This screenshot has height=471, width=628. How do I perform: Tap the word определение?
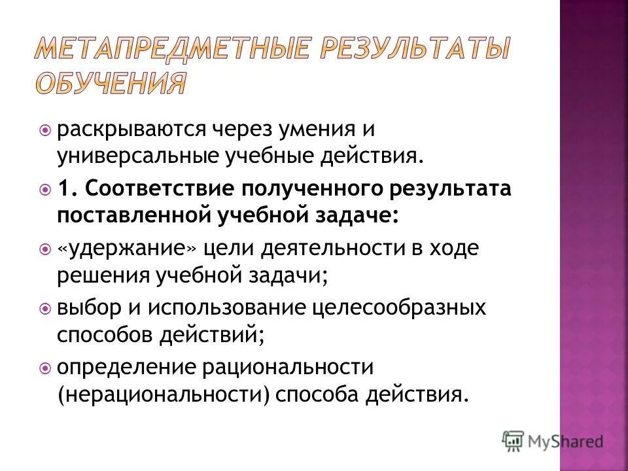[x=122, y=367]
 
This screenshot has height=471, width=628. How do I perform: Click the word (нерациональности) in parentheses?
[x=164, y=394]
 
